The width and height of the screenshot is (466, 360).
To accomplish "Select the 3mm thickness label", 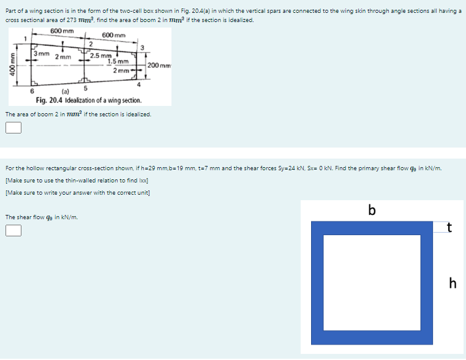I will click(x=42, y=54).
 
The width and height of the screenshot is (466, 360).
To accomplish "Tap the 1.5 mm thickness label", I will click(x=118, y=61).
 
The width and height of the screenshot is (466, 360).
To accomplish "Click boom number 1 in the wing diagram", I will click(x=24, y=39).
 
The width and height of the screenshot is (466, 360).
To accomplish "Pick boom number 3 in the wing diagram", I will click(x=142, y=48).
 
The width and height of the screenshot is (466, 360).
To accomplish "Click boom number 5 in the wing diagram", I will click(x=85, y=89).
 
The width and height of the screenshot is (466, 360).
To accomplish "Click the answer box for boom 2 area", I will click(x=13, y=127).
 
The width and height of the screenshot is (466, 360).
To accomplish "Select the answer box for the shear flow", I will click(x=13, y=230).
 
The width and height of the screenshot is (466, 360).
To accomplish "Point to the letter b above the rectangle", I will click(x=371, y=209).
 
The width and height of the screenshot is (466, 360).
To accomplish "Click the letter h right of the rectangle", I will click(x=452, y=283).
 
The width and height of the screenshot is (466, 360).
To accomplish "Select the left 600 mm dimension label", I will click(x=62, y=31).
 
